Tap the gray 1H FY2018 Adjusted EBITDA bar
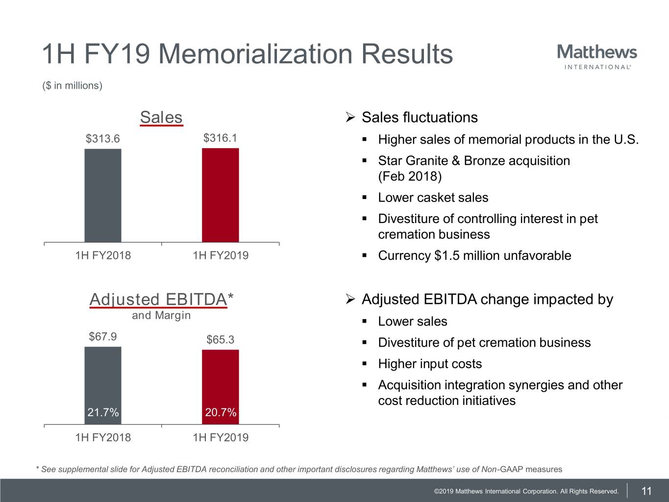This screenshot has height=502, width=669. (103, 377)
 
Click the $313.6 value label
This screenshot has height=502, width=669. (103, 139)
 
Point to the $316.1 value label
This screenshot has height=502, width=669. (220, 138)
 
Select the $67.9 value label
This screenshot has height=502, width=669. (103, 336)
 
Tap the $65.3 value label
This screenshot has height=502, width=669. (220, 340)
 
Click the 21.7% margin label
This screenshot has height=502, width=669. (103, 413)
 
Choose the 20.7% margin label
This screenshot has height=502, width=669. (221, 413)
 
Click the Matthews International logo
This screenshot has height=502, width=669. (597, 57)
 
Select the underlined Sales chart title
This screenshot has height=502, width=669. (161, 118)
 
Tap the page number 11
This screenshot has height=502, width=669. (646, 491)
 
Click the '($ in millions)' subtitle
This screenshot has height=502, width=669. (73, 86)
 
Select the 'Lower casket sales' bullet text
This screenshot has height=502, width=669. (433, 198)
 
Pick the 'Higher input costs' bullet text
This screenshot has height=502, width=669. (430, 364)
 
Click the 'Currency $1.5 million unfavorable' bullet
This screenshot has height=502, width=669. (474, 255)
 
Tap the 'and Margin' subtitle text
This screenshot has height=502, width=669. (161, 315)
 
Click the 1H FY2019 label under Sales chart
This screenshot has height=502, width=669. (221, 255)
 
